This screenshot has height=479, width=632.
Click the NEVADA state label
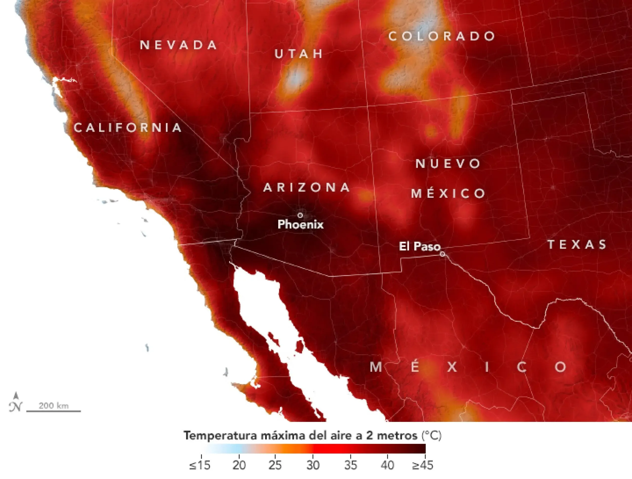click(178, 45)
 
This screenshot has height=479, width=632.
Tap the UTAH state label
click(299, 54)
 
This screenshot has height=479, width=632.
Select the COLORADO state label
click(442, 36)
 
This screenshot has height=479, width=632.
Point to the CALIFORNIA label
click(128, 128)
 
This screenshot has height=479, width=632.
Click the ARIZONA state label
click(307, 188)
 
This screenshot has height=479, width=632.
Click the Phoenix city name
click(301, 224)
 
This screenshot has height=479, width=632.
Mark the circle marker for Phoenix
click(300, 215)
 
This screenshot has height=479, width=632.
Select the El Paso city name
click(419, 246)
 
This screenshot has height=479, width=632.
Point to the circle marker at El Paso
click(442, 254)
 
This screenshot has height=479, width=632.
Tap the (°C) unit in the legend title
click(432, 436)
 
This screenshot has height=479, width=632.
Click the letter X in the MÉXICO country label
click(452, 367)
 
